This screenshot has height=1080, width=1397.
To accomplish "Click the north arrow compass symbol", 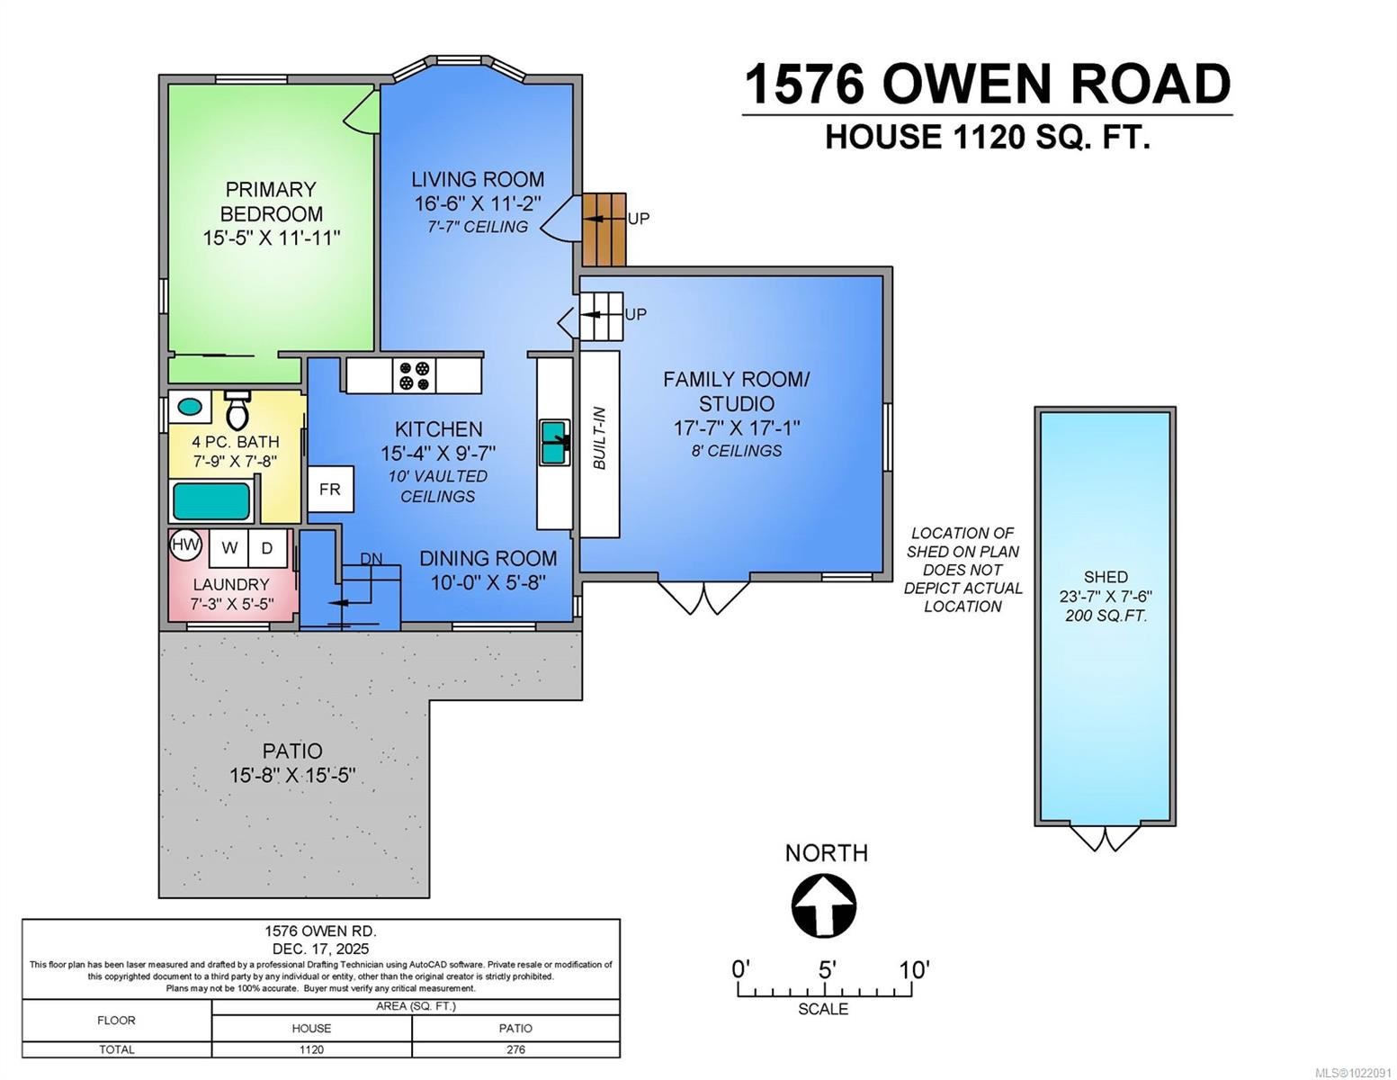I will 823,905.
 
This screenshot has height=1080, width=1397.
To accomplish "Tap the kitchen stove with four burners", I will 415,375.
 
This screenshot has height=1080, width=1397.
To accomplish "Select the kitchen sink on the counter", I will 554,442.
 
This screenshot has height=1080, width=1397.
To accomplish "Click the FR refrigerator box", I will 330,489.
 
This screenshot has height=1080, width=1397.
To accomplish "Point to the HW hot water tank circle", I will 186,544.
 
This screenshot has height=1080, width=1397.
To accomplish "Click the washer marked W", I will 229,547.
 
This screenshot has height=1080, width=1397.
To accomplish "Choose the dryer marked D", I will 267,547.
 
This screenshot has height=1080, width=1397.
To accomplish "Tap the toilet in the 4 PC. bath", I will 237,410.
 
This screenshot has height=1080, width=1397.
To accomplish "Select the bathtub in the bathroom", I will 211,501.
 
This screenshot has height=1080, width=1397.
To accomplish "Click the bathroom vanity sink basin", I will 190,406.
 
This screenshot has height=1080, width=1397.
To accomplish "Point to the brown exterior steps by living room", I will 604,229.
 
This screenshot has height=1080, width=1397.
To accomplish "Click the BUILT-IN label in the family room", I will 600,439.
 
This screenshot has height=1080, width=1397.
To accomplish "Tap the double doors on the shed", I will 1105,837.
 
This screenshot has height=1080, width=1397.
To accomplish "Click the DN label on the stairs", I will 371,559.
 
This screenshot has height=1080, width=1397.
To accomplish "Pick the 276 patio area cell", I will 515,1049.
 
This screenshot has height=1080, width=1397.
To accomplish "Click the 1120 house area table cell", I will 311,1049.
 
